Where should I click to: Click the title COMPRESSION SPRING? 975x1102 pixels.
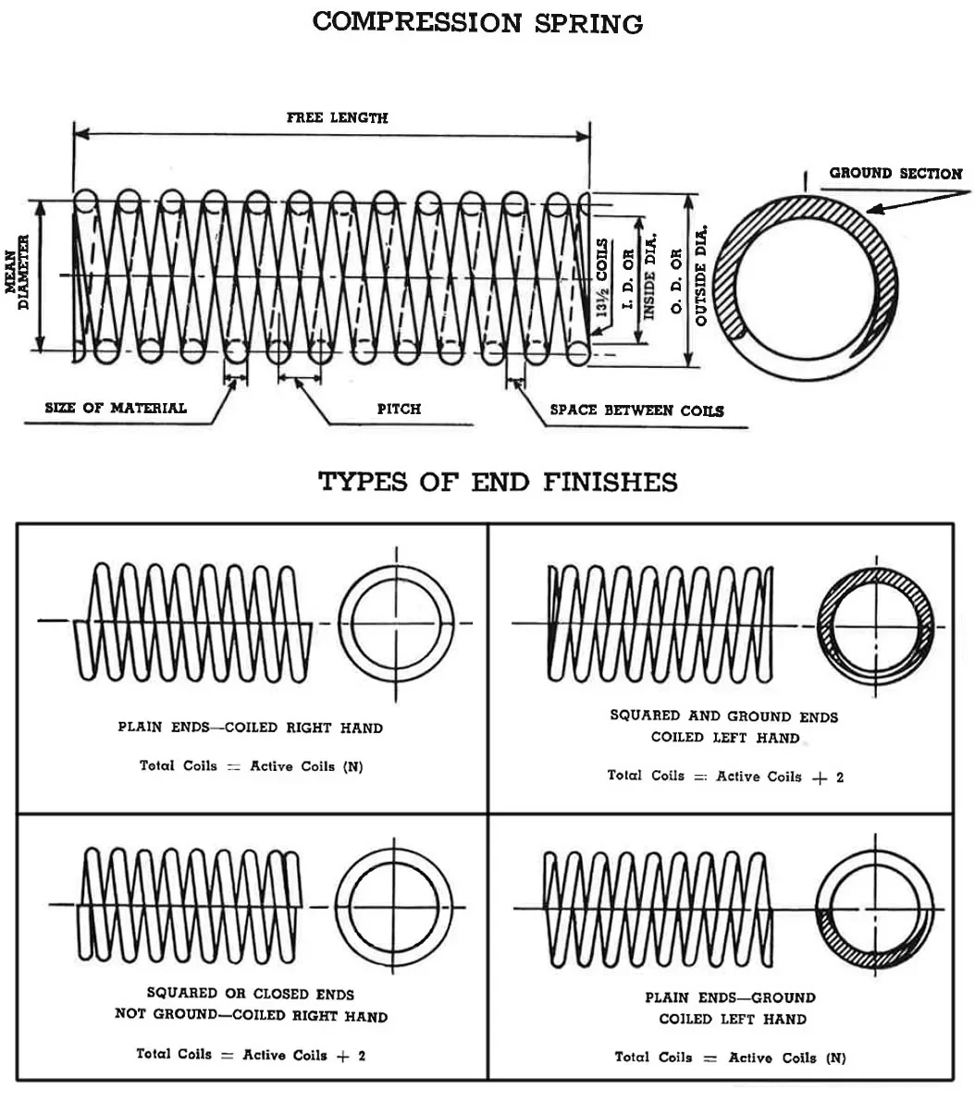[x=477, y=23]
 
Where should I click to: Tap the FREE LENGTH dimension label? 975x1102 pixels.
[x=337, y=117]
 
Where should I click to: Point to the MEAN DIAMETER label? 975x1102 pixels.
[x=18, y=275]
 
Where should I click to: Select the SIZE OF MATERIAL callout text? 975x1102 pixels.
[x=116, y=408]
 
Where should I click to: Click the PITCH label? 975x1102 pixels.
[x=399, y=409]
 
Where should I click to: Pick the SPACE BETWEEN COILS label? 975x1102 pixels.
[x=636, y=410]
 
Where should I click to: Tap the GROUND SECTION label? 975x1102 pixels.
[x=895, y=173]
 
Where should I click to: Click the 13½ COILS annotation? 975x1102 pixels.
[x=602, y=278]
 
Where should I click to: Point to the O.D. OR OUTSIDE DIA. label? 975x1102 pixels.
[x=688, y=274]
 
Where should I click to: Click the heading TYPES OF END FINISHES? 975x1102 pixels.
[x=498, y=482]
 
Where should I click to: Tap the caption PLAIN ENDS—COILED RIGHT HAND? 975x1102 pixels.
[x=250, y=728]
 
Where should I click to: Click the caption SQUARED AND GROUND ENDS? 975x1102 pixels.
[x=724, y=716]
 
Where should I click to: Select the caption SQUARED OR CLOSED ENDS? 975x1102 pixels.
[x=251, y=994]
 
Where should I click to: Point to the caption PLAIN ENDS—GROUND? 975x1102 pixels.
[x=731, y=998]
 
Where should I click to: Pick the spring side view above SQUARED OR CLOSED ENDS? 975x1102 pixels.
[x=191, y=904]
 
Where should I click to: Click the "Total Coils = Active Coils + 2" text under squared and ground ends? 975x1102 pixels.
[x=725, y=777]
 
